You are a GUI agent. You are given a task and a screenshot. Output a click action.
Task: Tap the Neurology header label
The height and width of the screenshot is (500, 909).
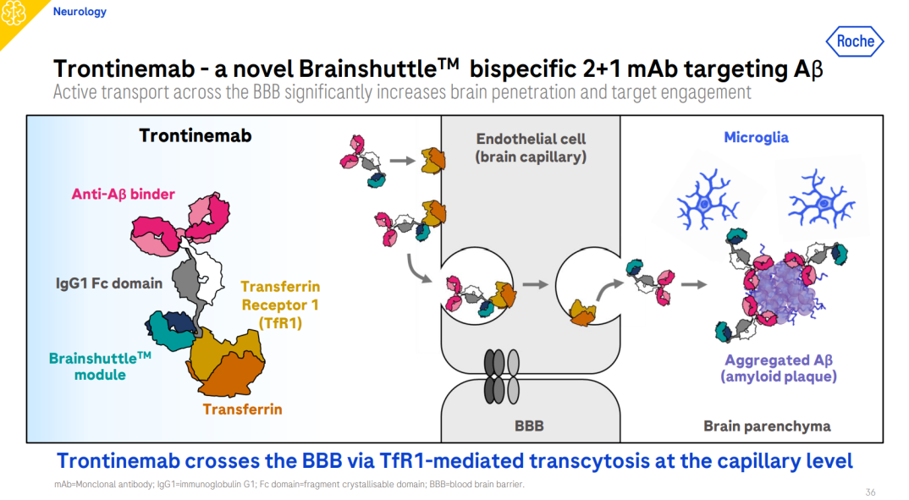[x=80, y=12]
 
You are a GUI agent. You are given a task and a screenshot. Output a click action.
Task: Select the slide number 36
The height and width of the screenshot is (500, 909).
[x=870, y=492]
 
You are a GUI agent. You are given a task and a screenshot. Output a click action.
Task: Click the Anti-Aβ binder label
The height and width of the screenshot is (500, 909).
[x=123, y=195]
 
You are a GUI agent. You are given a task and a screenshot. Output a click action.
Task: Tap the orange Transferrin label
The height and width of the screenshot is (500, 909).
[x=242, y=409]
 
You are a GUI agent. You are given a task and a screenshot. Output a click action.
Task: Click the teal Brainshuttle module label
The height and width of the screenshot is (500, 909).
[x=100, y=366]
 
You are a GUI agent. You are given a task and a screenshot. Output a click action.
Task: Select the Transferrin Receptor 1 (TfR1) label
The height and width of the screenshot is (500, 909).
[x=280, y=305]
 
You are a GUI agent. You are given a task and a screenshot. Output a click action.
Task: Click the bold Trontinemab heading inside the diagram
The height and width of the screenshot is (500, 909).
[x=195, y=135]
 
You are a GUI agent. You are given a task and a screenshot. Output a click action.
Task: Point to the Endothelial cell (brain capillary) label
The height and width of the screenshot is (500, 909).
[x=531, y=147]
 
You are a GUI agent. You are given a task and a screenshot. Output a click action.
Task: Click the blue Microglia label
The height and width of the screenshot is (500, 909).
[x=756, y=137]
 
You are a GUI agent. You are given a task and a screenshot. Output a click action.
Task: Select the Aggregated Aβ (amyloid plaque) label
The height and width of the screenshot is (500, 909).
[x=778, y=368]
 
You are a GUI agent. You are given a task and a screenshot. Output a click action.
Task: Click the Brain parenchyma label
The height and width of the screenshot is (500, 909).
[x=767, y=426]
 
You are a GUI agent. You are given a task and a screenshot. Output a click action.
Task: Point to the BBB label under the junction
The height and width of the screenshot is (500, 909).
[x=529, y=426]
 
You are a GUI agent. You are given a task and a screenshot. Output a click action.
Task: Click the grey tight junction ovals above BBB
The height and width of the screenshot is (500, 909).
[x=501, y=376]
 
